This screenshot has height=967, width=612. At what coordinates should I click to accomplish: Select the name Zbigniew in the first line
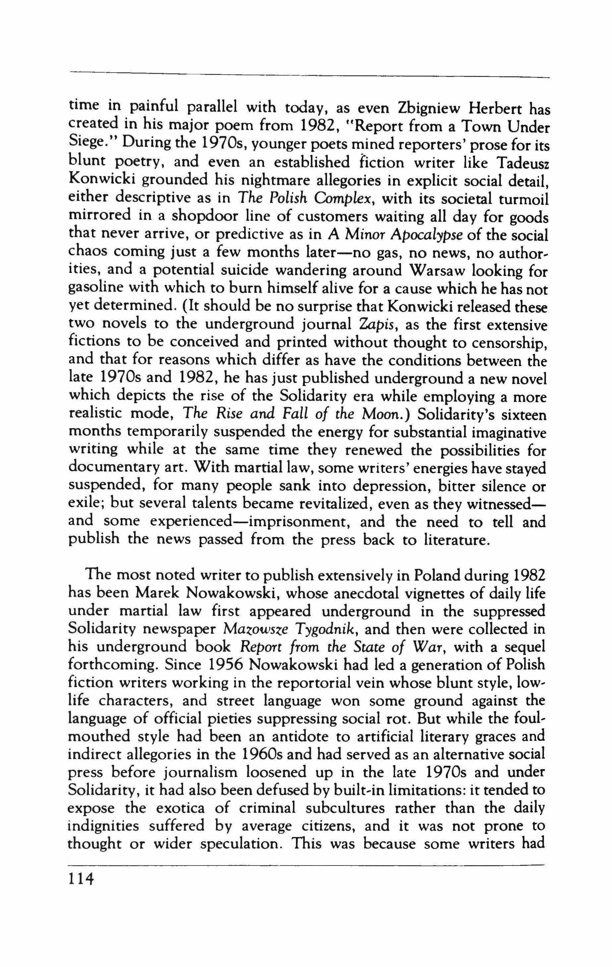pyautogui.click(x=433, y=108)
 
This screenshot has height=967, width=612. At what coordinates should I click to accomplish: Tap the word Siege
pyautogui.click(x=86, y=145)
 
